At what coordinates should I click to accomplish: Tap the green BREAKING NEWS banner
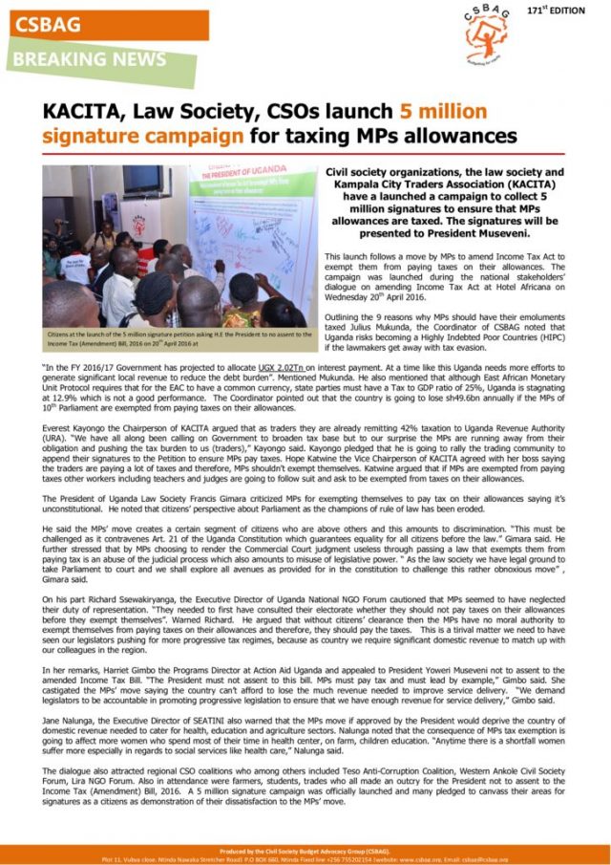pyautogui.click(x=95, y=60)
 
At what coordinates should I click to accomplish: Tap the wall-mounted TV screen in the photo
pyautogui.click(x=141, y=180)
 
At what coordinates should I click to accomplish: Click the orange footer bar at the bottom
pyautogui.click(x=305, y=854)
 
